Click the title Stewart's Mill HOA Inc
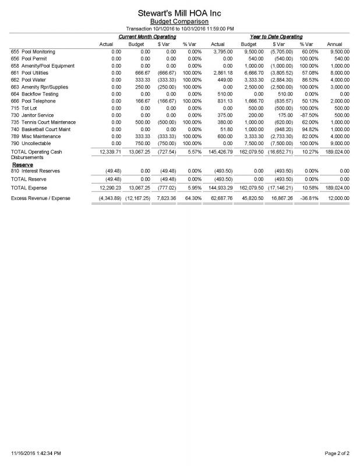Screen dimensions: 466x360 [x=180, y=12]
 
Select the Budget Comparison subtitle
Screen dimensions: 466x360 [x=180, y=21]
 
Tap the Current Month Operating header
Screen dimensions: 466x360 [x=147, y=37]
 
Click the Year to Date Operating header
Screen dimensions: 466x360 [x=277, y=37]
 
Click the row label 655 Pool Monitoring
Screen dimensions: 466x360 [x=33, y=52]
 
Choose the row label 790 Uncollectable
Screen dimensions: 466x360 [x=31, y=143]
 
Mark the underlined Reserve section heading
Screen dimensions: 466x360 [x=22, y=165]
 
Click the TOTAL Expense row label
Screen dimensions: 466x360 [x=30, y=188]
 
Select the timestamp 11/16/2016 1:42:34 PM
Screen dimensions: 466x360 [x=36, y=452]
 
